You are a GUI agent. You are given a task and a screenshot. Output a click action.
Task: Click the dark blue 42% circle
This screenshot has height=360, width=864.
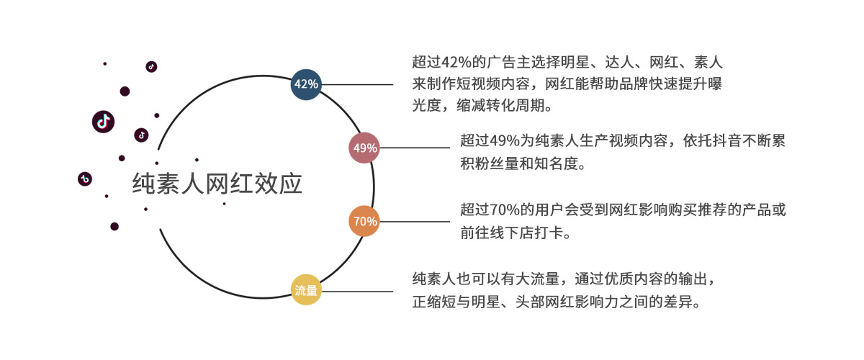click(x=306, y=84)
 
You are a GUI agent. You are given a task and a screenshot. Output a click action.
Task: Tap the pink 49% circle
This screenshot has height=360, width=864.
click(x=364, y=148)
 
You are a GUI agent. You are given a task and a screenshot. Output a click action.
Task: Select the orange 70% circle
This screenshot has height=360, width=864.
click(x=364, y=221)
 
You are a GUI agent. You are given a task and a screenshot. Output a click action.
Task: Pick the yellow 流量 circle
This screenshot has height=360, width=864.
click(x=306, y=291)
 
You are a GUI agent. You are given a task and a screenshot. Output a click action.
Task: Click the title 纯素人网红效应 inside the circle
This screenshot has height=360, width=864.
click(x=217, y=184)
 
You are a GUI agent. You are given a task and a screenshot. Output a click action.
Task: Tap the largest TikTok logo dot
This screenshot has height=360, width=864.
click(x=104, y=121)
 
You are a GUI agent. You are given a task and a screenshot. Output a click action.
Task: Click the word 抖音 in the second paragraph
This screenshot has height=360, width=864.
click(x=721, y=141)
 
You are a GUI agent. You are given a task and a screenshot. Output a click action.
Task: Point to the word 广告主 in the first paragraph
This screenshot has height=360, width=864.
click(x=511, y=62)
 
